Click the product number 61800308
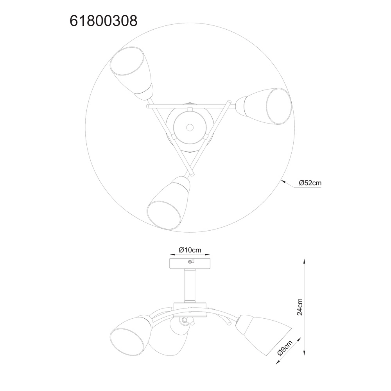[104, 21]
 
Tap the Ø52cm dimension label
[310, 183]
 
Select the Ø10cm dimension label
[190, 249]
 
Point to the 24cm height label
[300, 307]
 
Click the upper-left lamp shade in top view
[132, 74]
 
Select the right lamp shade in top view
[264, 106]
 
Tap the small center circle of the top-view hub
[190, 127]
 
